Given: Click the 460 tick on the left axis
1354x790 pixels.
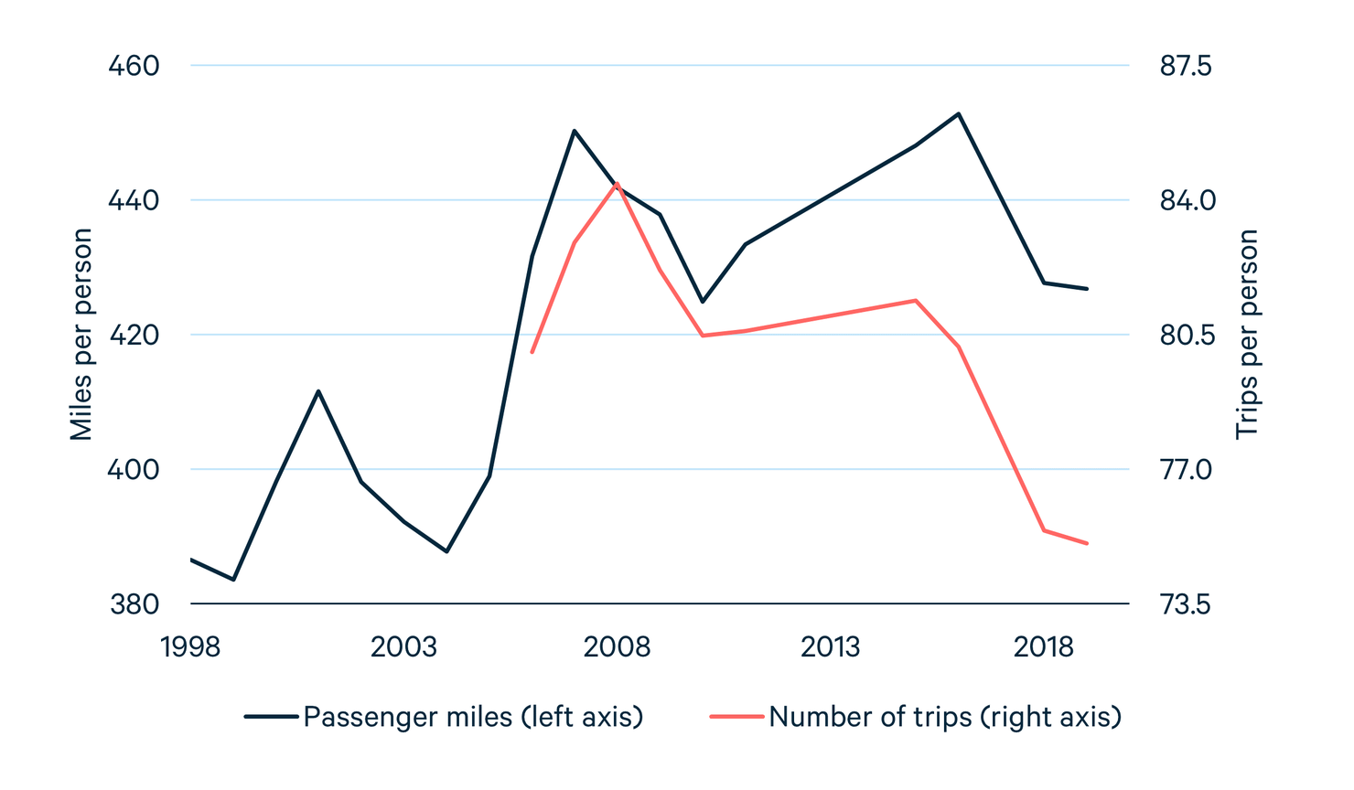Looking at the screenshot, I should [134, 66].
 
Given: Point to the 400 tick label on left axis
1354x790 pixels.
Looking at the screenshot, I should [134, 470].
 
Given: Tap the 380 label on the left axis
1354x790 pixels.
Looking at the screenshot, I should [134, 604].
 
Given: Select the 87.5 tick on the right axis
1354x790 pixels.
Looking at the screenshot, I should [1185, 66].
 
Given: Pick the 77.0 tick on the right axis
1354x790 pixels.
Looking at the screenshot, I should [1185, 470].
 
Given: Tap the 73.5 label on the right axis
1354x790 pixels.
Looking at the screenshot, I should [1185, 604].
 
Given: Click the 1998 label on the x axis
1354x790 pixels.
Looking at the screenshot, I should [190, 647].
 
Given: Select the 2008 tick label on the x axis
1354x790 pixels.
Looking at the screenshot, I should [617, 647].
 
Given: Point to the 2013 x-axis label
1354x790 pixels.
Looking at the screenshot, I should [830, 647].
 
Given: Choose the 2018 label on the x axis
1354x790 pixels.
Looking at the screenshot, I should [1043, 647].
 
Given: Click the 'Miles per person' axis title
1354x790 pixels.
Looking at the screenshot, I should [81, 335].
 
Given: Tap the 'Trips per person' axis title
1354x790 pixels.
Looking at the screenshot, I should [1247, 335].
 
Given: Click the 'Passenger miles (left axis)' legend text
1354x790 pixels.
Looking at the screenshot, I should [473, 717].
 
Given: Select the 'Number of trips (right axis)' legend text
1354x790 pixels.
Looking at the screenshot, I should [945, 717].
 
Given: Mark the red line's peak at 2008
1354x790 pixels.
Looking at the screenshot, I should [618, 183].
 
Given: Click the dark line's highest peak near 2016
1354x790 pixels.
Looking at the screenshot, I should [958, 113].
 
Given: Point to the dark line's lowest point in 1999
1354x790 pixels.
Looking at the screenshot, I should [233, 580].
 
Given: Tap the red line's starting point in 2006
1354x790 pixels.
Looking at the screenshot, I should [532, 353].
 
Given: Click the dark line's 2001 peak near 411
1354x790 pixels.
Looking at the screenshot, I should [318, 390].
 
